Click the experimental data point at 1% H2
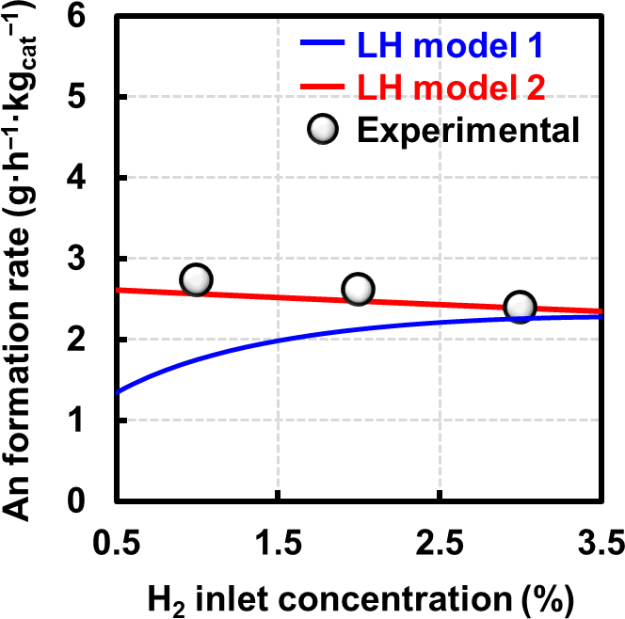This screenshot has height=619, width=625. (x=195, y=279)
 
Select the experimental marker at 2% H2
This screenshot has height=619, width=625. (x=359, y=290)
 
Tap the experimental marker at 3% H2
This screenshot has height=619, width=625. (x=520, y=307)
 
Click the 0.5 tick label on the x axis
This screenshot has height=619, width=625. (x=115, y=544)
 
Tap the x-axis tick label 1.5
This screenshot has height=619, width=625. (x=278, y=544)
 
